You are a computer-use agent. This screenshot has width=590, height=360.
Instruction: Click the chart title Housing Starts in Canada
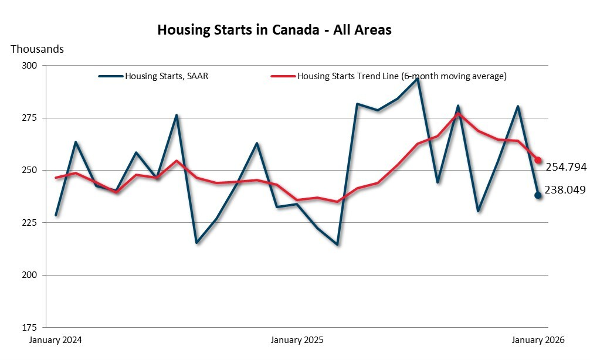[274, 30]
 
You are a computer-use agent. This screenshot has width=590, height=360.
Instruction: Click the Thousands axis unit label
[37, 49]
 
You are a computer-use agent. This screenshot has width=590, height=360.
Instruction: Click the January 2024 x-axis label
[56, 340]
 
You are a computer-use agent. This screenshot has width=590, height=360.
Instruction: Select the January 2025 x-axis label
[297, 340]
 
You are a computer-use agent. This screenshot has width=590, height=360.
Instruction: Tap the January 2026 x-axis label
[538, 340]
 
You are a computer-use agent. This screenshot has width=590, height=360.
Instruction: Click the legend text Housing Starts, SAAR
[167, 76]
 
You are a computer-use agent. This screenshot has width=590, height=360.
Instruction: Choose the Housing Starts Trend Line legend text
[402, 76]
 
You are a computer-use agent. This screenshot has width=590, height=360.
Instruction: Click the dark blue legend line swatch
[111, 76]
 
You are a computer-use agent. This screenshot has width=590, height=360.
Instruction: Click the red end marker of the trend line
[538, 160]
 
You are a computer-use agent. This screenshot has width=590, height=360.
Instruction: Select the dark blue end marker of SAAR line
[538, 195]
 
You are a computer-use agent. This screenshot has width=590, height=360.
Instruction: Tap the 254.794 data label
[566, 167]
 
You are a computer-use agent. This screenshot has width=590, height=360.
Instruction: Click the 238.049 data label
[566, 190]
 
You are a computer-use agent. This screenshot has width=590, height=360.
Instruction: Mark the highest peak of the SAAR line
[418, 79]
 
